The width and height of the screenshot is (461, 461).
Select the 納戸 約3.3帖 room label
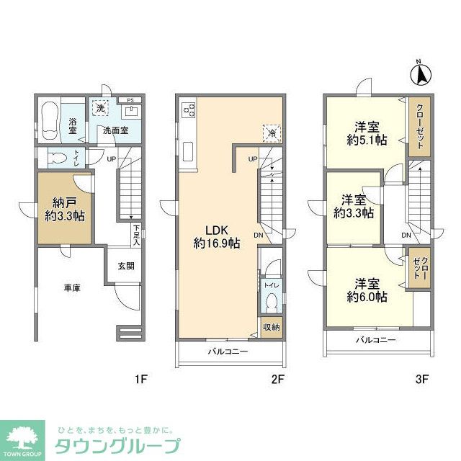coord(64,207)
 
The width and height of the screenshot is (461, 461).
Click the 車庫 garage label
coord(71,288)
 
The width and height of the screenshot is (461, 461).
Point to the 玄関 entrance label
coord(126,266)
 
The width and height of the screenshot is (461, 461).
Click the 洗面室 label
coord(115,130)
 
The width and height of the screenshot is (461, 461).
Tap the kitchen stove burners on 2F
coord(189,110)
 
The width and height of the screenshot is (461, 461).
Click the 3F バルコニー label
coord(375,340)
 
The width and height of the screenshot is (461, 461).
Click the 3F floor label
coord(421,380)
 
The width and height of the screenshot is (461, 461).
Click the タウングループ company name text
coord(117,444)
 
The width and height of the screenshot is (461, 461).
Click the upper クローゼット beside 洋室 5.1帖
coord(419,127)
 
